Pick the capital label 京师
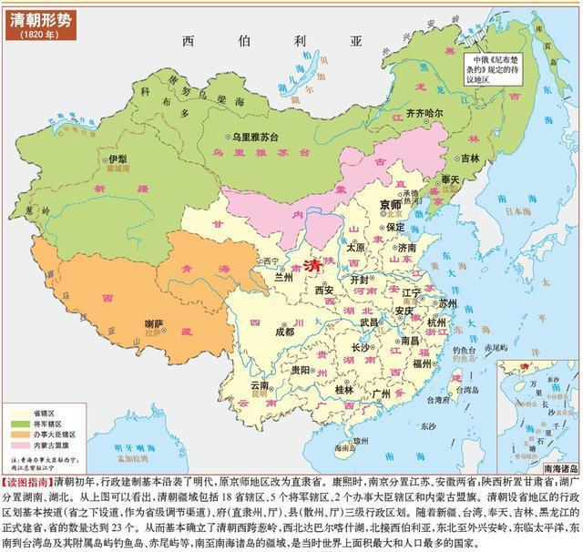tap(390, 205)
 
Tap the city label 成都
tap(284, 332)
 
